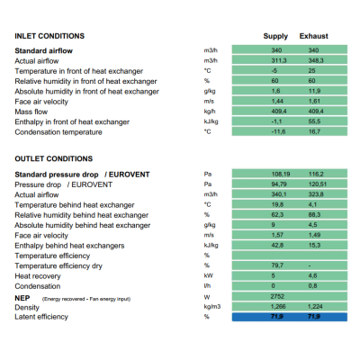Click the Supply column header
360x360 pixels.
[x=275, y=36]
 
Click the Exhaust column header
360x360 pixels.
[x=313, y=36]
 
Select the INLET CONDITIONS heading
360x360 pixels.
[x=49, y=36]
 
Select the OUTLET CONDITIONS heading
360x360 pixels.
[x=54, y=158]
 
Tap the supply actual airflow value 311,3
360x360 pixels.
[x=279, y=60]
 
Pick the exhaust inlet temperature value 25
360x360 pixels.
[x=311, y=71]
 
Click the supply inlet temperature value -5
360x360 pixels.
[x=274, y=71]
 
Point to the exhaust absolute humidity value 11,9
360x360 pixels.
[x=314, y=91]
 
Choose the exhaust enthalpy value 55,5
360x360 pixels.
[x=314, y=121]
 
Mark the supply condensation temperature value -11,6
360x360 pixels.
[x=278, y=131]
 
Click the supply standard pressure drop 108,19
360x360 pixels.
[x=281, y=174]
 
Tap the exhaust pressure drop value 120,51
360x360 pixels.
[x=317, y=184]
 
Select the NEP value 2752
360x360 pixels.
[x=277, y=296]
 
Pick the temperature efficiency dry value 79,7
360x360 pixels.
[x=277, y=265]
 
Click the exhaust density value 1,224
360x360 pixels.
[x=315, y=306]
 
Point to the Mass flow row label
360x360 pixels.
[x=31, y=112]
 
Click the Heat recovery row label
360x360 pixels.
[x=38, y=276]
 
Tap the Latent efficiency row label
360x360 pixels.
[x=41, y=317]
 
